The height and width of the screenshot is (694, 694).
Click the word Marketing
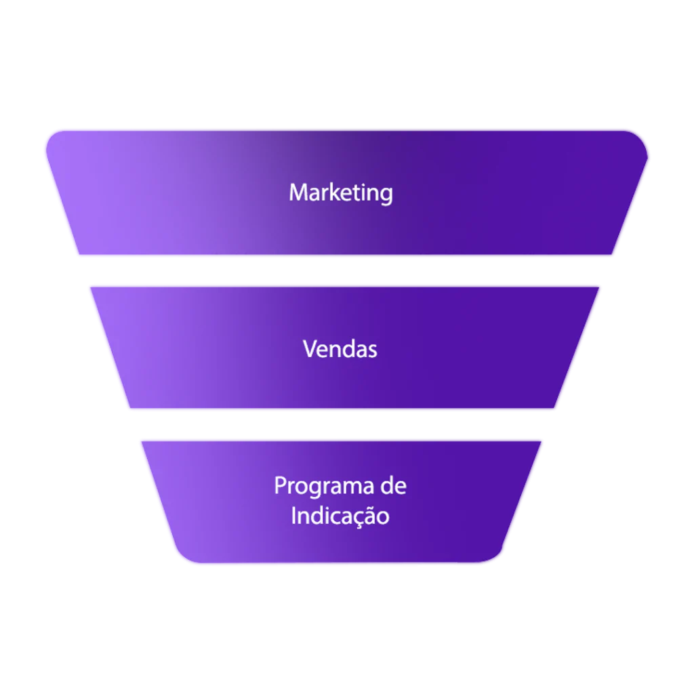(x=340, y=193)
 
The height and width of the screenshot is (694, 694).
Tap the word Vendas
(x=340, y=349)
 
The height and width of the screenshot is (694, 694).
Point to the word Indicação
(x=340, y=516)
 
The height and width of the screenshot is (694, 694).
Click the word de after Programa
(x=394, y=486)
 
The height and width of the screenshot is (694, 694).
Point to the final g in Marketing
(x=386, y=195)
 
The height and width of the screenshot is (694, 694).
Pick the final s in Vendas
(x=372, y=350)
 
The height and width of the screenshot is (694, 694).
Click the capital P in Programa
(x=279, y=486)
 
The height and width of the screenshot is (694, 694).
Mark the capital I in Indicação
(x=294, y=516)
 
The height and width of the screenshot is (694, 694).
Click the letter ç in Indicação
(x=355, y=518)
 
